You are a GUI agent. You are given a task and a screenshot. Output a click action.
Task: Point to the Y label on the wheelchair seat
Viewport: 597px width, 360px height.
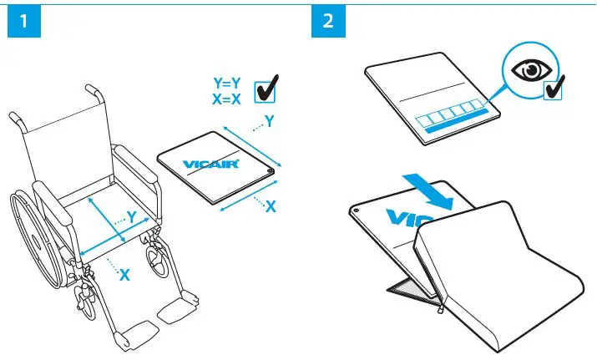131,216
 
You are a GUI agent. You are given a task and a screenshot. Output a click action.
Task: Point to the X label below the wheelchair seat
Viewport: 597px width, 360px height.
124,274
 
